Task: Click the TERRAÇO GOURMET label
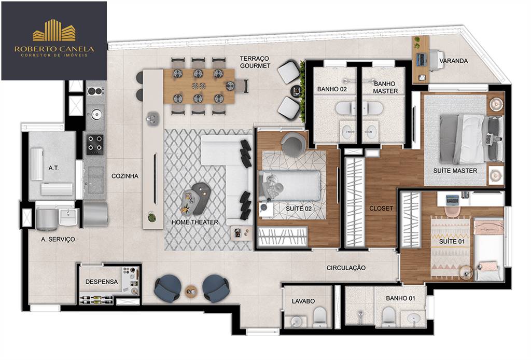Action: pos(255,62)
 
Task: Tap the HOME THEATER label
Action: pos(195,222)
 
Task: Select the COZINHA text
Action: pos(125,176)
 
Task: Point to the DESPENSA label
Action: pos(102,282)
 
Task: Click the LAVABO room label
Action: pos(303,301)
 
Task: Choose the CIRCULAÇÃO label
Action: pos(346,268)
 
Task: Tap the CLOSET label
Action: pos(381,209)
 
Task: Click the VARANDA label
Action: pos(453,61)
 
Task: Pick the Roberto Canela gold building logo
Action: pos(54,30)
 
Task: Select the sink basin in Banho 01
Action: pos(413,319)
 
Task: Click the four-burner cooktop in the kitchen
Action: pos(94,145)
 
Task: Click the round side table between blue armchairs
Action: pos(191,291)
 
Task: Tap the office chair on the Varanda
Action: pos(437,60)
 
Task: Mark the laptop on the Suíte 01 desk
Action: pos(452,200)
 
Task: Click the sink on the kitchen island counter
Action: pos(153,119)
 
